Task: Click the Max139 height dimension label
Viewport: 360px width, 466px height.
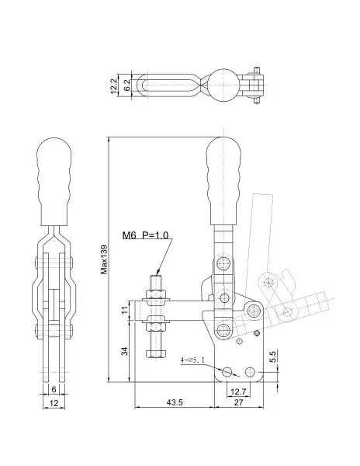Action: pyautogui.click(x=104, y=259)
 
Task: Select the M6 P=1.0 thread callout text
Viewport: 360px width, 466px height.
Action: pyautogui.click(x=145, y=235)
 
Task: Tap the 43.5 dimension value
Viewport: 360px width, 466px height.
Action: pyautogui.click(x=175, y=402)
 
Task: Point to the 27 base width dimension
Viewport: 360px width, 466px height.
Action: pyautogui.click(x=238, y=402)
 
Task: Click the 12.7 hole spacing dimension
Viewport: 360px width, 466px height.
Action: pyautogui.click(x=238, y=391)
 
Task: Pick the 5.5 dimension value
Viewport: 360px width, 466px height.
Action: pyautogui.click(x=272, y=356)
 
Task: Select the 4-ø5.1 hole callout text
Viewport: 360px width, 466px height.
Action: pyautogui.click(x=192, y=360)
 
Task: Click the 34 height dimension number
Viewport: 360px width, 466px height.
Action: pyautogui.click(x=125, y=351)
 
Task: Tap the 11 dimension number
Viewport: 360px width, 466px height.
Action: pyautogui.click(x=125, y=310)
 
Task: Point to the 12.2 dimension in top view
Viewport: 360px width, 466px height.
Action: pyautogui.click(x=114, y=86)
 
